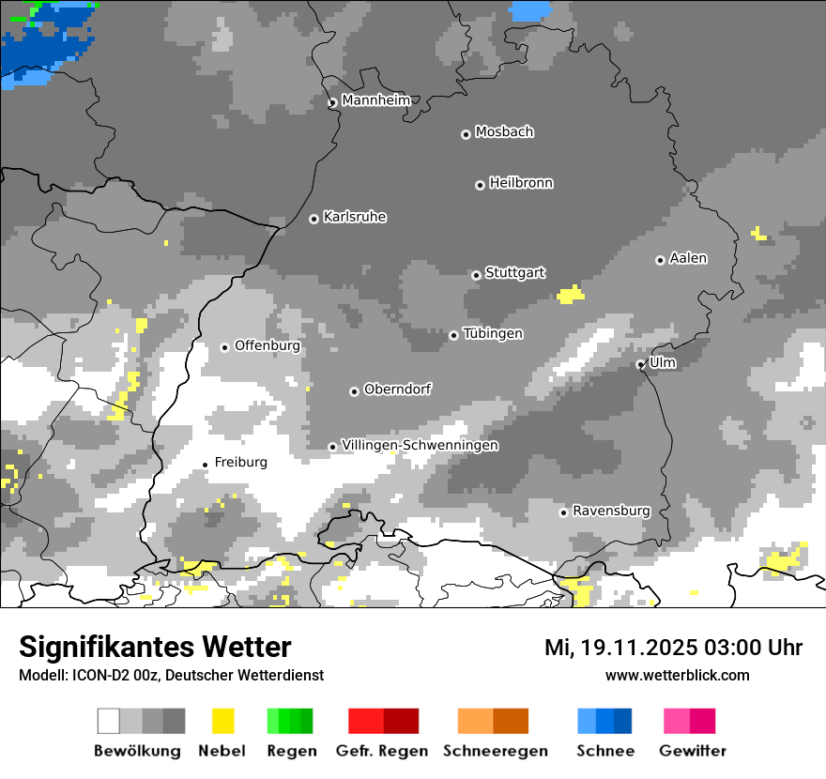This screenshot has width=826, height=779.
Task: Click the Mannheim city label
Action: pos(375,100)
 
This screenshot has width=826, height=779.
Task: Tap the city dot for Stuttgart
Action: pos(476,275)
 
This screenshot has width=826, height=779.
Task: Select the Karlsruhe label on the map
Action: pos(355,217)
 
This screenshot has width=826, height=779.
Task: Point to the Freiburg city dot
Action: pos(206,465)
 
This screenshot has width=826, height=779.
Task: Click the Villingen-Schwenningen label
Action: pos(420,445)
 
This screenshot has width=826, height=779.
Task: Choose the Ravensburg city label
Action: pos(611,511)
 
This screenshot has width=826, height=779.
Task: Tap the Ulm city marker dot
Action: pos(641,364)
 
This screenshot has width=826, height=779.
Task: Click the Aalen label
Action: pos(688,258)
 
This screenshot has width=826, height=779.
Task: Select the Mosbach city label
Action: pos(504,132)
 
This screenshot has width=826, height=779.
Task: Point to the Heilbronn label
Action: pos(521,183)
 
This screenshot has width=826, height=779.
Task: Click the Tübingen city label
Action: pos(493,333)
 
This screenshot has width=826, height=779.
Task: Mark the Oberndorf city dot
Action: pos(354,391)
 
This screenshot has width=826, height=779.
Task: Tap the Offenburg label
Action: pos(268,345)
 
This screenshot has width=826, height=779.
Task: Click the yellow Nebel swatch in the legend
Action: pos(222,721)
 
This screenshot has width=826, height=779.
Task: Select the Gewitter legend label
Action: pos(692,751)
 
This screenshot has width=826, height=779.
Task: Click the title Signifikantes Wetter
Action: pos(155,647)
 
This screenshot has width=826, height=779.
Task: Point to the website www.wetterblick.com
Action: pos(677,675)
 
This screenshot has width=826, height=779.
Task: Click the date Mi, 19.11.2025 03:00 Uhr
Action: pos(673,648)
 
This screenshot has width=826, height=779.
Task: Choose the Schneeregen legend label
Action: pos(495,751)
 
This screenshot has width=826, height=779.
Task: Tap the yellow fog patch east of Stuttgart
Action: pos(570,296)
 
